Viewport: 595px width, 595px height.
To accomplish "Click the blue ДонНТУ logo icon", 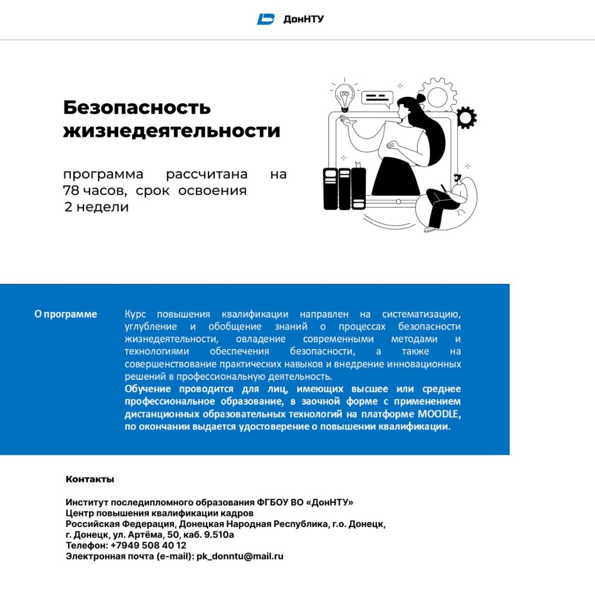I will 266,19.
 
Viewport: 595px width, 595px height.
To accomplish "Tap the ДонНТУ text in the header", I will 303,19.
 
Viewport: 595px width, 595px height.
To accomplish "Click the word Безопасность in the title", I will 137,107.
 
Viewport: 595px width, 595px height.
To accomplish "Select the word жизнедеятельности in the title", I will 172,131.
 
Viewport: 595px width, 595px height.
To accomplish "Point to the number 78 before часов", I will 71,190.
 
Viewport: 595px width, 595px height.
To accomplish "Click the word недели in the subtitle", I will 103,207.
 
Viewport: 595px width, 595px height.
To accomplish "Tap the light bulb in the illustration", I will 344,95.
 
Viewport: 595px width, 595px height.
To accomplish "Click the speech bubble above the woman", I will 377,97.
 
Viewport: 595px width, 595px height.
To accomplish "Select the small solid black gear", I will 466,118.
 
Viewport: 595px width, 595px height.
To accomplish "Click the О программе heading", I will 65,314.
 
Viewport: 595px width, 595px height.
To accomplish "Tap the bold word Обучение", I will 148,389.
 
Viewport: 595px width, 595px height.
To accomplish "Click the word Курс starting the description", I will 135,314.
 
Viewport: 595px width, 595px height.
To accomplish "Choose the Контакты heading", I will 90,479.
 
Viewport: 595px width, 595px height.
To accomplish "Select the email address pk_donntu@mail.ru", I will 240,556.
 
